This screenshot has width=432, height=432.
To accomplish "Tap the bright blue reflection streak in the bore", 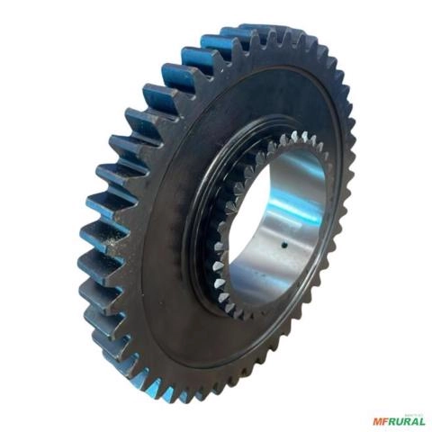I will tap(286, 203).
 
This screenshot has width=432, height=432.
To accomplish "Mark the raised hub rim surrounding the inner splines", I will tap(200, 270).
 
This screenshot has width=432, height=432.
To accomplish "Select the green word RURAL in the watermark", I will tap(408, 420).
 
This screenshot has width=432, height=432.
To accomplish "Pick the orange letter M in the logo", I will tap(378, 420).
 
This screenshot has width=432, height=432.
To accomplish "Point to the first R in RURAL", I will tap(393, 420).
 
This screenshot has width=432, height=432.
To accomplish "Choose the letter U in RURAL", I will tap(400, 420).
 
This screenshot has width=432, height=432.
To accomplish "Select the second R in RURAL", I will tap(408, 420).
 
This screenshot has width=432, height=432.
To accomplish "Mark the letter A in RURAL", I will tap(415, 420).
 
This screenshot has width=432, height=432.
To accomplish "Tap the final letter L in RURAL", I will tap(422, 420).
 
